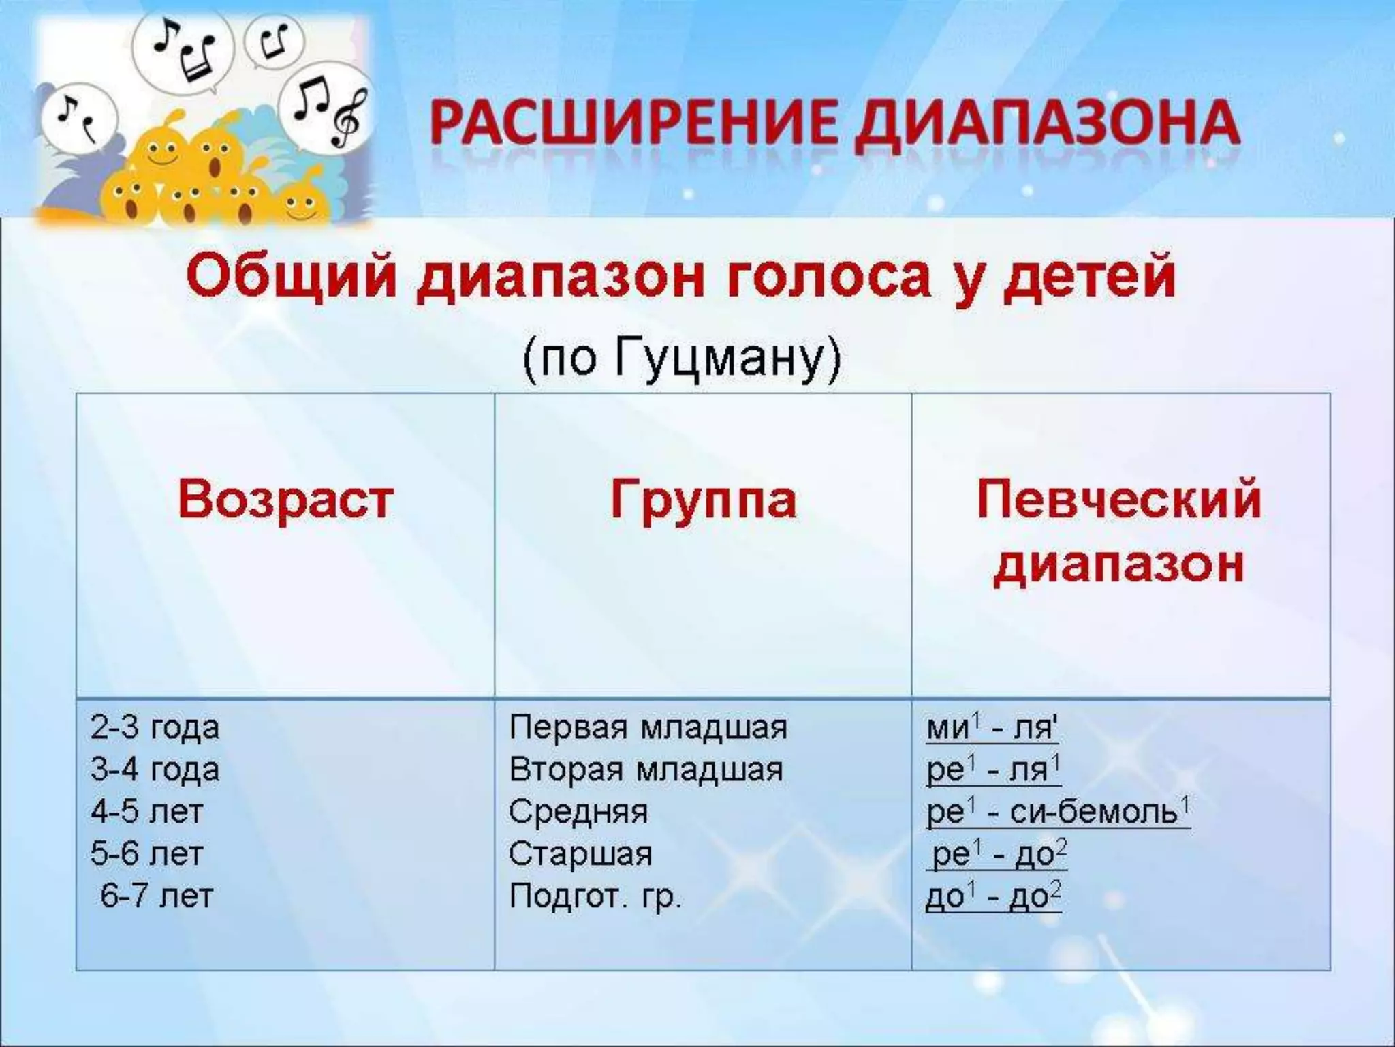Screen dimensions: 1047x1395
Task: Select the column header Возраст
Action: pyautogui.click(x=285, y=500)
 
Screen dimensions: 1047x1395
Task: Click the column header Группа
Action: pyautogui.click(x=703, y=500)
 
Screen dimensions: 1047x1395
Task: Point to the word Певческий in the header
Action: pyautogui.click(x=1119, y=500)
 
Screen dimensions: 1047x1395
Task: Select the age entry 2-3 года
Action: pyautogui.click(x=155, y=728)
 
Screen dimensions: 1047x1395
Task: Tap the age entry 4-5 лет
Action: pyautogui.click(x=147, y=812)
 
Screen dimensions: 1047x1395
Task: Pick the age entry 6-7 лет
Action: pyautogui.click(x=157, y=896)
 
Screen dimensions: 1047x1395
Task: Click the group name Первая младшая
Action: pyautogui.click(x=648, y=728)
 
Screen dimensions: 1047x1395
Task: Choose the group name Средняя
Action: pyautogui.click(x=578, y=812)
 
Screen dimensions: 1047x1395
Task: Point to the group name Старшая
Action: pyautogui.click(x=580, y=854)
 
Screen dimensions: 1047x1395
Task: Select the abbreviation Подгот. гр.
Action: pyautogui.click(x=595, y=896)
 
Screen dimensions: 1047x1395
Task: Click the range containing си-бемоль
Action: pyautogui.click(x=1058, y=812)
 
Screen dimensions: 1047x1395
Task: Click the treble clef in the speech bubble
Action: pyautogui.click(x=347, y=117)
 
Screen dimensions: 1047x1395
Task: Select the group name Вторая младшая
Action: pyautogui.click(x=646, y=770)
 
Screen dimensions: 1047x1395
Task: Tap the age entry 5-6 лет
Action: pyautogui.click(x=147, y=854)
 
